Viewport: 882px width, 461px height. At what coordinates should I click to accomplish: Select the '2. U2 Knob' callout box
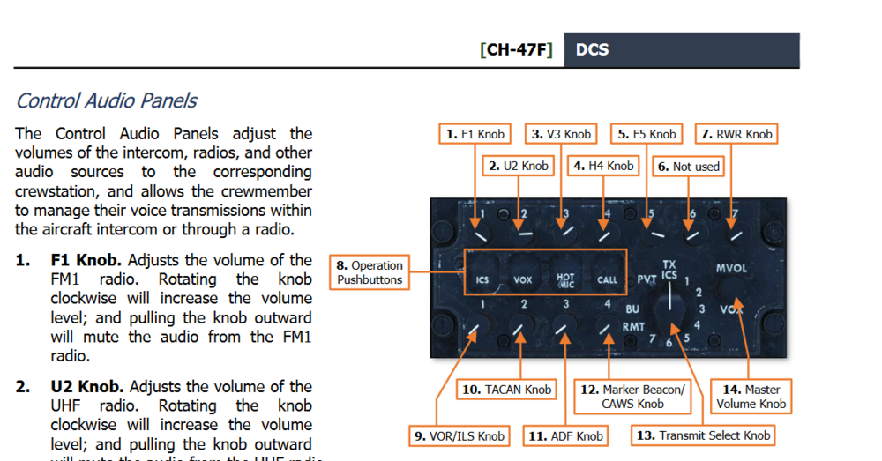click(519, 166)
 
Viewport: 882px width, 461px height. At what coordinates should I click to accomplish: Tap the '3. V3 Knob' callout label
click(561, 134)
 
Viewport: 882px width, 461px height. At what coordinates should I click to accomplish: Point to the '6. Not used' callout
click(688, 167)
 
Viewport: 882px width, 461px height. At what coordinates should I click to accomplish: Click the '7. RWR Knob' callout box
click(736, 134)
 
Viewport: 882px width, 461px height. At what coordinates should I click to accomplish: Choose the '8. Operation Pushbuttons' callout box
click(369, 272)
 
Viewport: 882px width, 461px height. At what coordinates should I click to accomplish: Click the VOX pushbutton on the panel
click(523, 279)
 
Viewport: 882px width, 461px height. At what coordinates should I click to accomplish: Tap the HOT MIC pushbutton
click(565, 279)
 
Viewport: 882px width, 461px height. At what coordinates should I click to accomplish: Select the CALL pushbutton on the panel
click(607, 279)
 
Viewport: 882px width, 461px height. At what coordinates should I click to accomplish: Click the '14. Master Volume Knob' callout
click(751, 397)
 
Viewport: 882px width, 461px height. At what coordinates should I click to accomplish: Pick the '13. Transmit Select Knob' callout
click(703, 435)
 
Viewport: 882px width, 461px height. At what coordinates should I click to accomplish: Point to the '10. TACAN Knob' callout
click(506, 390)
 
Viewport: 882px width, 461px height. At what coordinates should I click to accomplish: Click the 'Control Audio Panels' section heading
click(107, 100)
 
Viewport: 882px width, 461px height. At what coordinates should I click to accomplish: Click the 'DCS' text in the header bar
click(592, 49)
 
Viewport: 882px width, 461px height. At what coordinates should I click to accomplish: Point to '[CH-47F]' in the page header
click(516, 49)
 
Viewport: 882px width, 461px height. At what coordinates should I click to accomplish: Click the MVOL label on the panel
click(731, 267)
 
